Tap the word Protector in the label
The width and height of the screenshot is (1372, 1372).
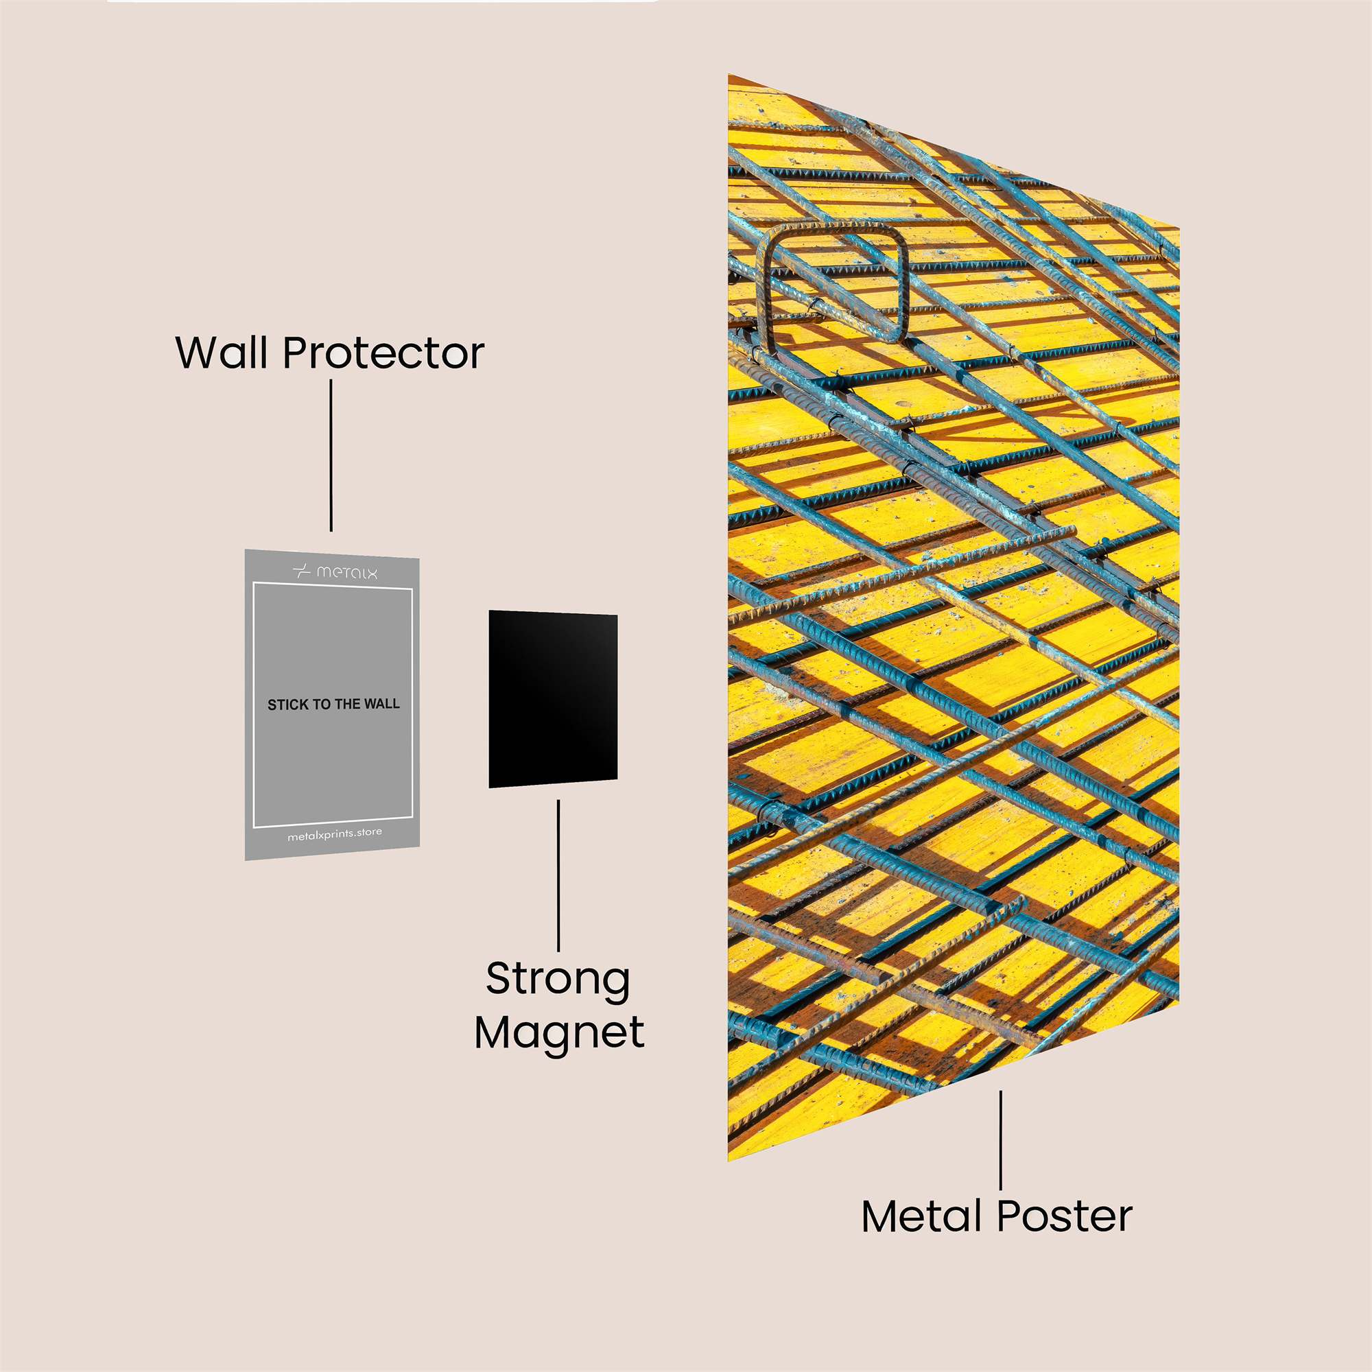click(x=383, y=352)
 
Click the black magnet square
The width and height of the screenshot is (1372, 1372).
click(x=552, y=699)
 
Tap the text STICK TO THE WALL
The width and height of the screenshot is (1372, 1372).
click(x=333, y=705)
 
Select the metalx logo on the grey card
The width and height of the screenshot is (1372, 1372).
click(x=335, y=571)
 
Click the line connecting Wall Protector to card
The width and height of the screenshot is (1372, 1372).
click(x=331, y=456)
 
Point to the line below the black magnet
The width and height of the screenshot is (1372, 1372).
click(x=558, y=875)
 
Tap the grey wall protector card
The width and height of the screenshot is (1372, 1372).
click(x=332, y=705)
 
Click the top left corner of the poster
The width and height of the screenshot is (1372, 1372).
click(x=729, y=75)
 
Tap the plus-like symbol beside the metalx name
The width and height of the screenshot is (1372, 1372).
click(x=302, y=571)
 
